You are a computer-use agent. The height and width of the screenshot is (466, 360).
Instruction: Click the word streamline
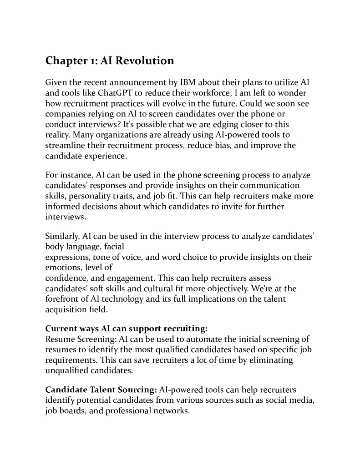[x=64, y=146]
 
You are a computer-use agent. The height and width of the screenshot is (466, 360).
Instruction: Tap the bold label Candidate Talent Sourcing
[x=101, y=390]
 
